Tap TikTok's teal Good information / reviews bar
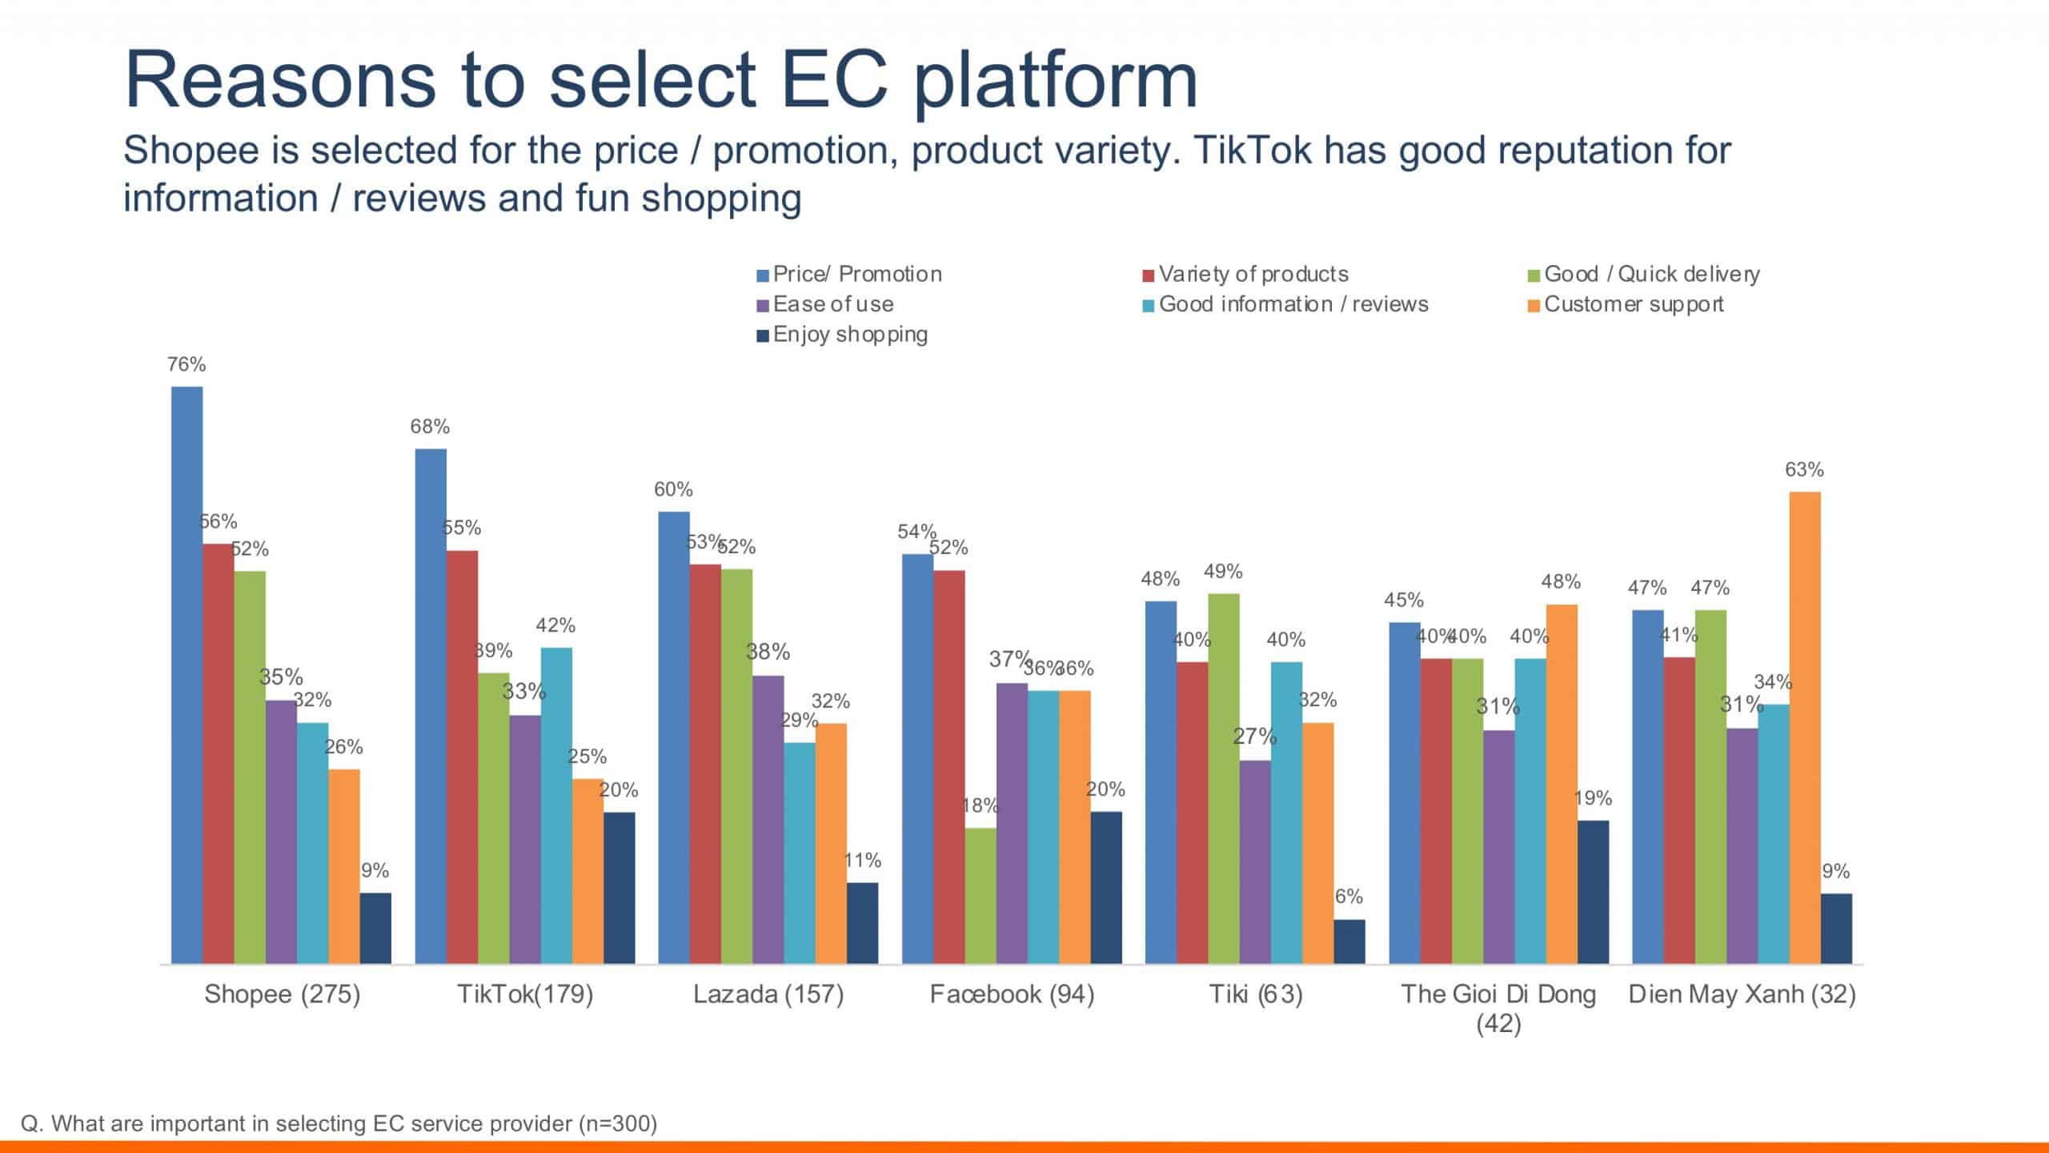click(556, 805)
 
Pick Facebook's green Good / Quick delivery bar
click(980, 895)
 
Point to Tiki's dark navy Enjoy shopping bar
click(1349, 941)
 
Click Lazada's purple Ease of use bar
click(768, 819)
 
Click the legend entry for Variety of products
click(1253, 275)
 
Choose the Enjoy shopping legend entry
click(849, 335)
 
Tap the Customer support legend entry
click(1633, 305)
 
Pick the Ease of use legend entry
click(832, 305)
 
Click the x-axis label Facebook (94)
click(1012, 994)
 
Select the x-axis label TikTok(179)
click(525, 994)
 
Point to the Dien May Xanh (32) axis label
click(1742, 994)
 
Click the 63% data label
click(1804, 470)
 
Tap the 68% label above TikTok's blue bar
click(430, 427)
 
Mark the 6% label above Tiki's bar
click(1349, 897)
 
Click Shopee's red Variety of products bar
click(218, 753)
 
